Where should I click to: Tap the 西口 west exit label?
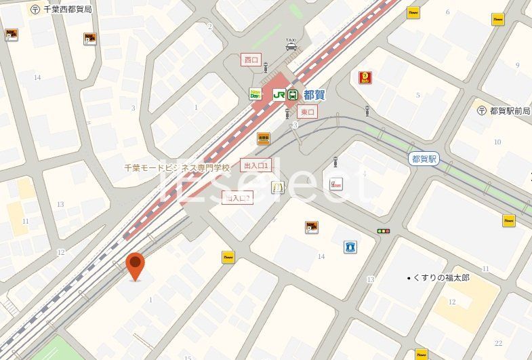pos(251,60)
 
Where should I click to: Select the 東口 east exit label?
pos(307,111)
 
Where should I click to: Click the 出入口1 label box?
pos(256,165)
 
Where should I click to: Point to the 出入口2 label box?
pos(237,198)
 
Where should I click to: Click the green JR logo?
pos(279,95)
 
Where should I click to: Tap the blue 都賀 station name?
pos(314,95)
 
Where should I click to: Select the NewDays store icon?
pos(256,95)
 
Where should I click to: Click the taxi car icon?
pos(291,46)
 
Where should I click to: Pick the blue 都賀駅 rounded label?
pos(424,159)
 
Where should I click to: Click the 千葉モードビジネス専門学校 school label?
pos(177,167)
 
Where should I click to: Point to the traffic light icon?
pos(384,231)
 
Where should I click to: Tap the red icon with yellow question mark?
pos(365,78)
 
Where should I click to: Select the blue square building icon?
pos(350,247)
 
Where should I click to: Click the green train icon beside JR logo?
pos(293,95)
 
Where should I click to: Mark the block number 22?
pos(498,343)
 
